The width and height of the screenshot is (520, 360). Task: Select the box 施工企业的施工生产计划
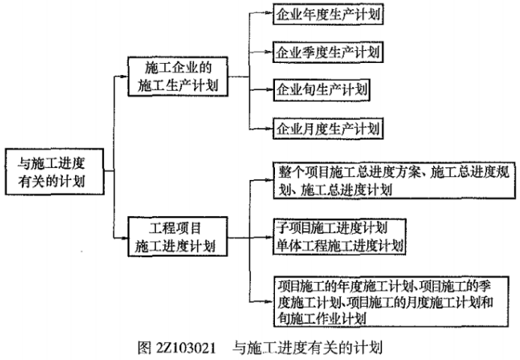178,76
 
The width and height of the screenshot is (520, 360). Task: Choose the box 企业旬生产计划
323,90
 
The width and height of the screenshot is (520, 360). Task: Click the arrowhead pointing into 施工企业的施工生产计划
126,76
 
